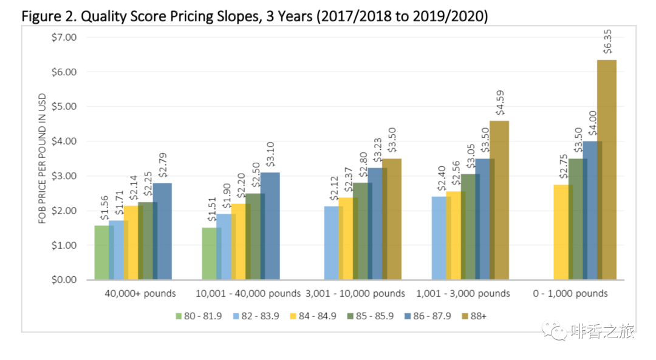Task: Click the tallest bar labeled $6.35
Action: click(x=607, y=170)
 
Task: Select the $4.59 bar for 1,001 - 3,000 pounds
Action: click(x=499, y=200)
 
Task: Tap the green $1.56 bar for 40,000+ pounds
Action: click(x=103, y=253)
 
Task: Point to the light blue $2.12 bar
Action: click(x=333, y=243)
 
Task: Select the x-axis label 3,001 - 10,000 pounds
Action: click(x=355, y=294)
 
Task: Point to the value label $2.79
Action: click(x=162, y=163)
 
